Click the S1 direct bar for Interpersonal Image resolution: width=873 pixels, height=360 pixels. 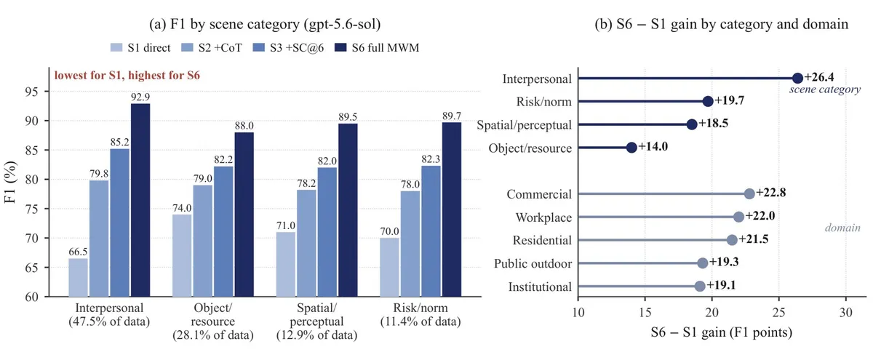coord(78,277)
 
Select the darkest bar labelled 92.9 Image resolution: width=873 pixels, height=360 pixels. coord(140,200)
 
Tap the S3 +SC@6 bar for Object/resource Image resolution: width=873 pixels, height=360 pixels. coord(223,231)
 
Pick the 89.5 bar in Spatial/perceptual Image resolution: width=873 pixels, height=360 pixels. coord(348,210)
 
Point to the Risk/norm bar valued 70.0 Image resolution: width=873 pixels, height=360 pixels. coord(389,268)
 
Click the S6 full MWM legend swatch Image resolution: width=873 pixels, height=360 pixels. coord(340,47)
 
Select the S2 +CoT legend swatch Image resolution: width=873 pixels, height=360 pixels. coord(188,47)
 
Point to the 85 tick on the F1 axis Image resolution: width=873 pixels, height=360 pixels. coord(31,150)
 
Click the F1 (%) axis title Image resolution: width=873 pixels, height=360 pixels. coord(10,182)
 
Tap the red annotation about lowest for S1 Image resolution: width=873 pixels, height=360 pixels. coord(127,75)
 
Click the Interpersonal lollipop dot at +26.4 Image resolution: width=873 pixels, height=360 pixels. coord(797,79)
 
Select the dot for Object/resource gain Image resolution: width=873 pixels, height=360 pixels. coord(631,147)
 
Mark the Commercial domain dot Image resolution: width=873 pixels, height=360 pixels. coord(749,193)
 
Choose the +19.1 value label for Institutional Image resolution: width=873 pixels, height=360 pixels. coord(721,285)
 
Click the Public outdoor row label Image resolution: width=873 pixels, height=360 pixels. coord(533,264)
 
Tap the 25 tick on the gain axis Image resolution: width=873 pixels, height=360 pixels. coord(778,313)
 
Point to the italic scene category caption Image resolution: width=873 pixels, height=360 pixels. coord(825,89)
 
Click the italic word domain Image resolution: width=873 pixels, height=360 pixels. coord(842,228)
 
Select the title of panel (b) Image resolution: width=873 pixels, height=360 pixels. coord(722,24)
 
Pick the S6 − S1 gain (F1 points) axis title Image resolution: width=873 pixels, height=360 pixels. coord(722,332)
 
